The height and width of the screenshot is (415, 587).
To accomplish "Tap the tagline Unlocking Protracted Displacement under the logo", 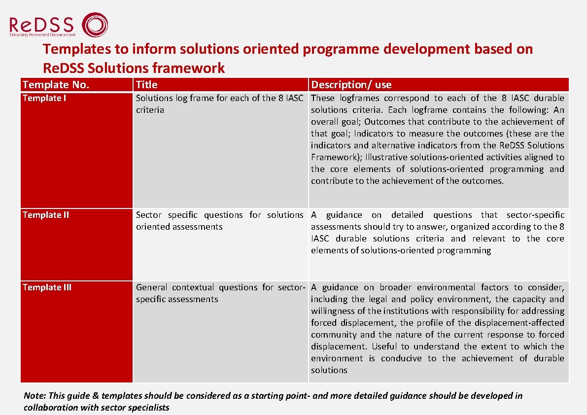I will tap(42, 35).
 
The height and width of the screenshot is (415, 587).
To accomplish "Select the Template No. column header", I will tap(56, 85).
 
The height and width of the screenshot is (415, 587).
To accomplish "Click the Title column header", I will tap(146, 85).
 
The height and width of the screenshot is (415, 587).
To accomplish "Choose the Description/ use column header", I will tap(351, 85).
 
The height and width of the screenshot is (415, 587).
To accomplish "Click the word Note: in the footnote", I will tap(34, 396).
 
